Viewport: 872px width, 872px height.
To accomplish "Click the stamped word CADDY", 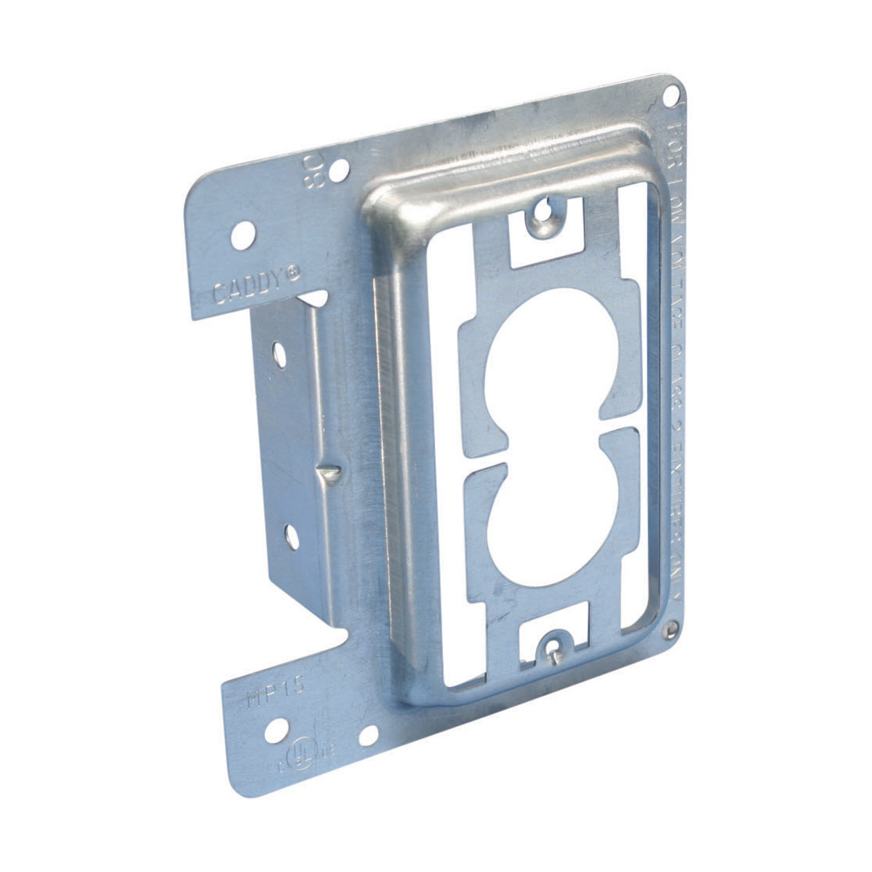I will [x=248, y=286].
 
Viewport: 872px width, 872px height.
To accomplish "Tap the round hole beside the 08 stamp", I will [x=338, y=170].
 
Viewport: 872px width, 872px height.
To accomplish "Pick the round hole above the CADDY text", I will [x=243, y=235].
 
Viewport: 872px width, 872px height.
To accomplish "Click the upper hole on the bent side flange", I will [x=278, y=353].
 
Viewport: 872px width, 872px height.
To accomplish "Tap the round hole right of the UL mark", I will [x=369, y=735].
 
